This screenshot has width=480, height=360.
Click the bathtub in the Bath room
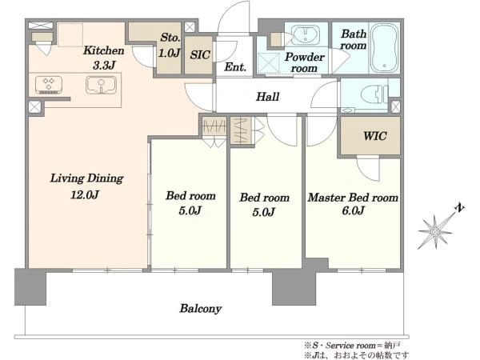[x=385, y=48]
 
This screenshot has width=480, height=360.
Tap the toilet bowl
[x=372, y=93]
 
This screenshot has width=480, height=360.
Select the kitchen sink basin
[x=101, y=85]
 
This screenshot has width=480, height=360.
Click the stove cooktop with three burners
[x=49, y=85]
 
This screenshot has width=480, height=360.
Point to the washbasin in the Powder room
[x=305, y=35]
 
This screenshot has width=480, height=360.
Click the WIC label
[x=374, y=136]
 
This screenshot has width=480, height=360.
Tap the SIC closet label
[x=200, y=54]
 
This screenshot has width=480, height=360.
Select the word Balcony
[x=201, y=309]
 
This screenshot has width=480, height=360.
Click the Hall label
[x=267, y=97]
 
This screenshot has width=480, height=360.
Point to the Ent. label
[x=234, y=66]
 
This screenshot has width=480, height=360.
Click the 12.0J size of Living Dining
[x=85, y=194]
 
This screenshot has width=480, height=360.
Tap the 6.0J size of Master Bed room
[x=353, y=210]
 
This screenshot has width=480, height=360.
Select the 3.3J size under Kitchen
[x=104, y=66]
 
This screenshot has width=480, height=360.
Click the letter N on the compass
[x=459, y=208]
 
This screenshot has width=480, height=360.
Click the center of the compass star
[x=434, y=232]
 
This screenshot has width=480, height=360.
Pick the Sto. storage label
[x=170, y=38]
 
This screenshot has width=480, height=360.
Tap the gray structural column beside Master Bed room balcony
[x=294, y=287]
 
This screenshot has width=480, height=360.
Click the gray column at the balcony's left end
[x=30, y=287]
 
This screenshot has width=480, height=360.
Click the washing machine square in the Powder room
[x=268, y=64]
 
